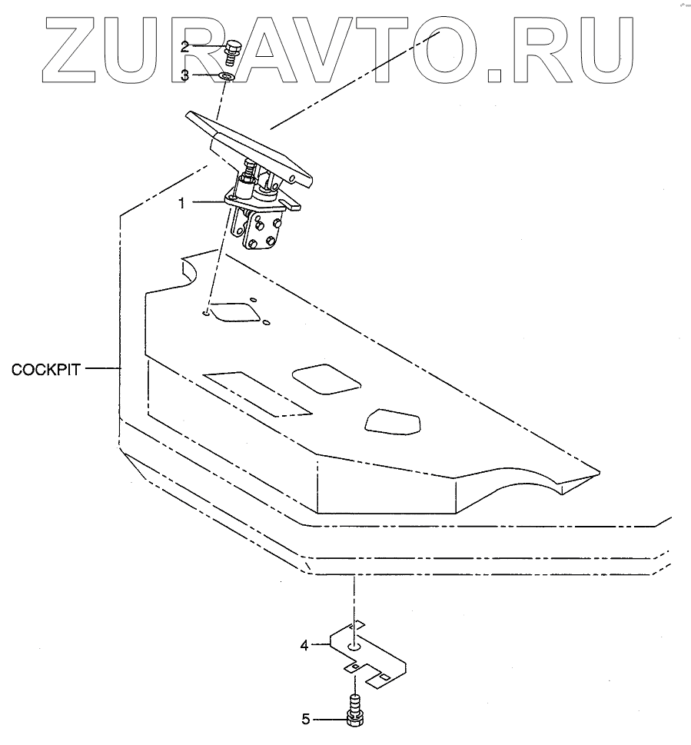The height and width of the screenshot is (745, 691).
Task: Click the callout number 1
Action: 181,203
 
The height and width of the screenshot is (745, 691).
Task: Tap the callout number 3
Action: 184,75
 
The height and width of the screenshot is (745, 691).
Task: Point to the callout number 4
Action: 304,646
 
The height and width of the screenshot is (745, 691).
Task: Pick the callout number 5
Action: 304,720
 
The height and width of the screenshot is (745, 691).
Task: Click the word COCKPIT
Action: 45,369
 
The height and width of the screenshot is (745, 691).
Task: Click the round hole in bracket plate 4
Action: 354,647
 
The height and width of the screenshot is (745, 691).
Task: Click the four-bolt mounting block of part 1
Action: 261,231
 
